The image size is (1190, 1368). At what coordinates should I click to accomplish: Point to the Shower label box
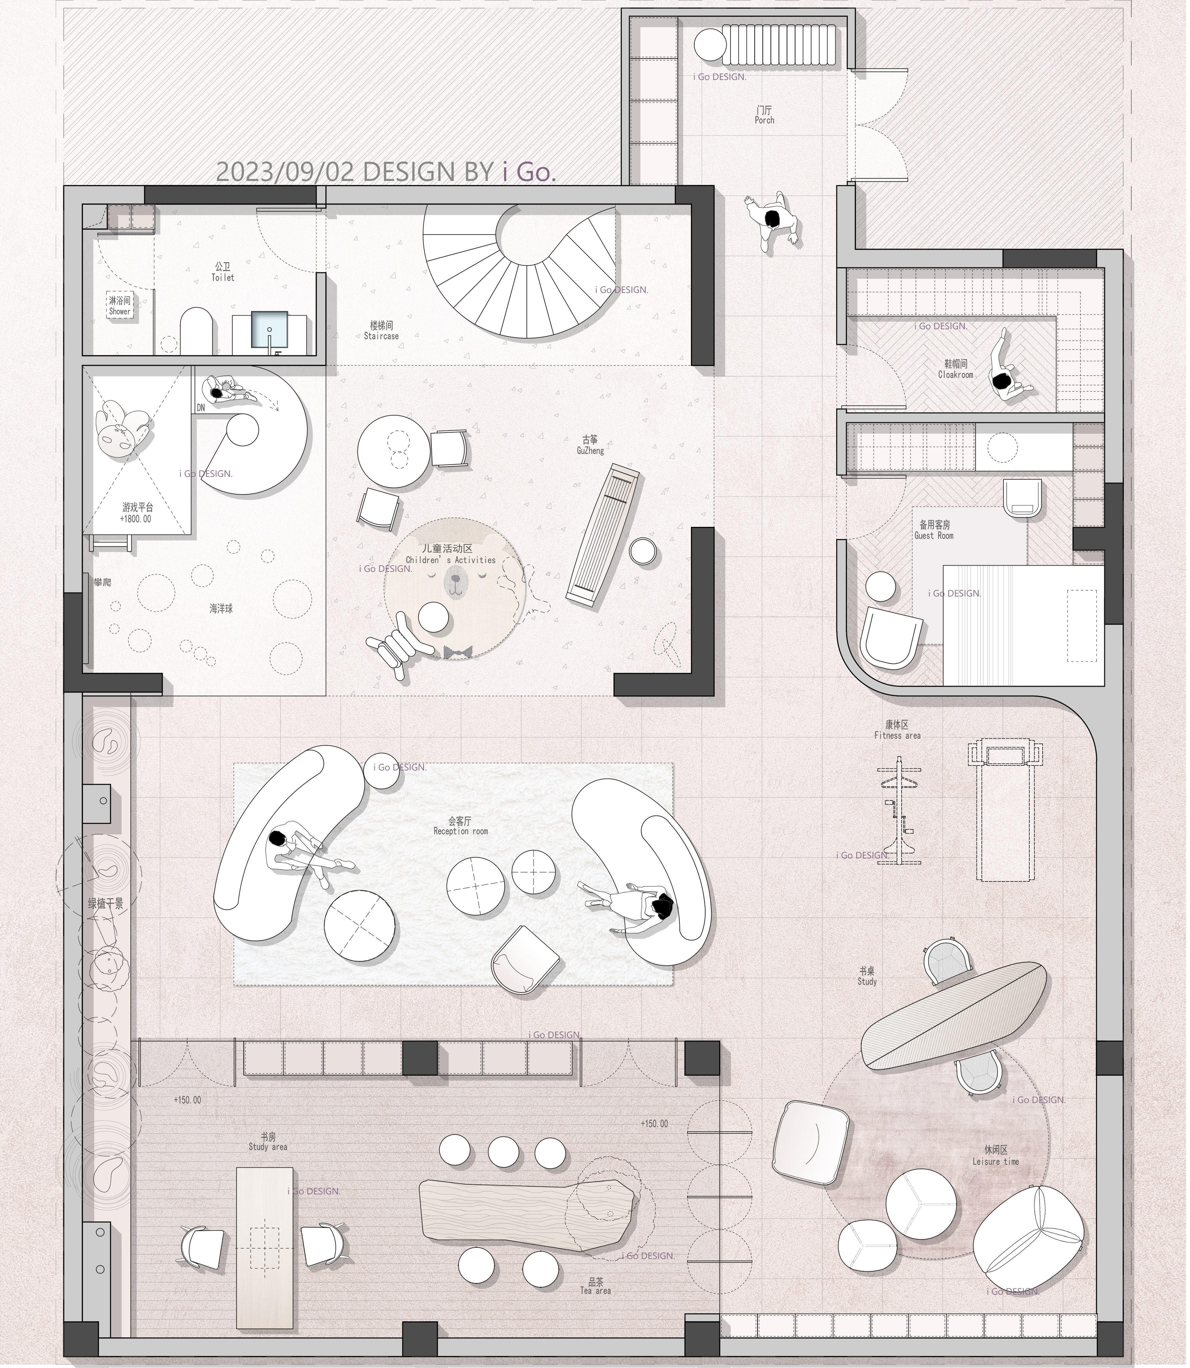[120, 306]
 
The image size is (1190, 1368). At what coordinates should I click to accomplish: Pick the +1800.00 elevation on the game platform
[136, 519]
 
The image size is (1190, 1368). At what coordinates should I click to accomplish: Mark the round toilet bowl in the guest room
[1023, 497]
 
